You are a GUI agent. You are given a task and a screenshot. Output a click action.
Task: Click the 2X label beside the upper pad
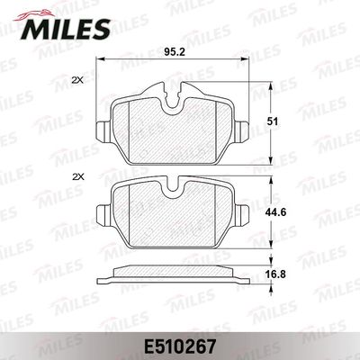point(76,81)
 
